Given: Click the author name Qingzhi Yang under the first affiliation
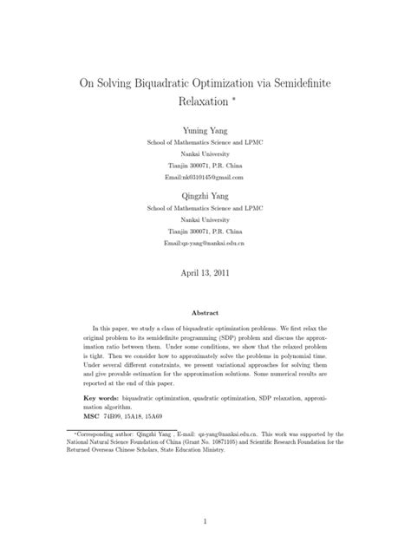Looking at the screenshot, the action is point(205,196).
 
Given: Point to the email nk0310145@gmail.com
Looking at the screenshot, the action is point(205,176).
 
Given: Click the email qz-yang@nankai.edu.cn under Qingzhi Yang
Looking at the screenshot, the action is point(205,245).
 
